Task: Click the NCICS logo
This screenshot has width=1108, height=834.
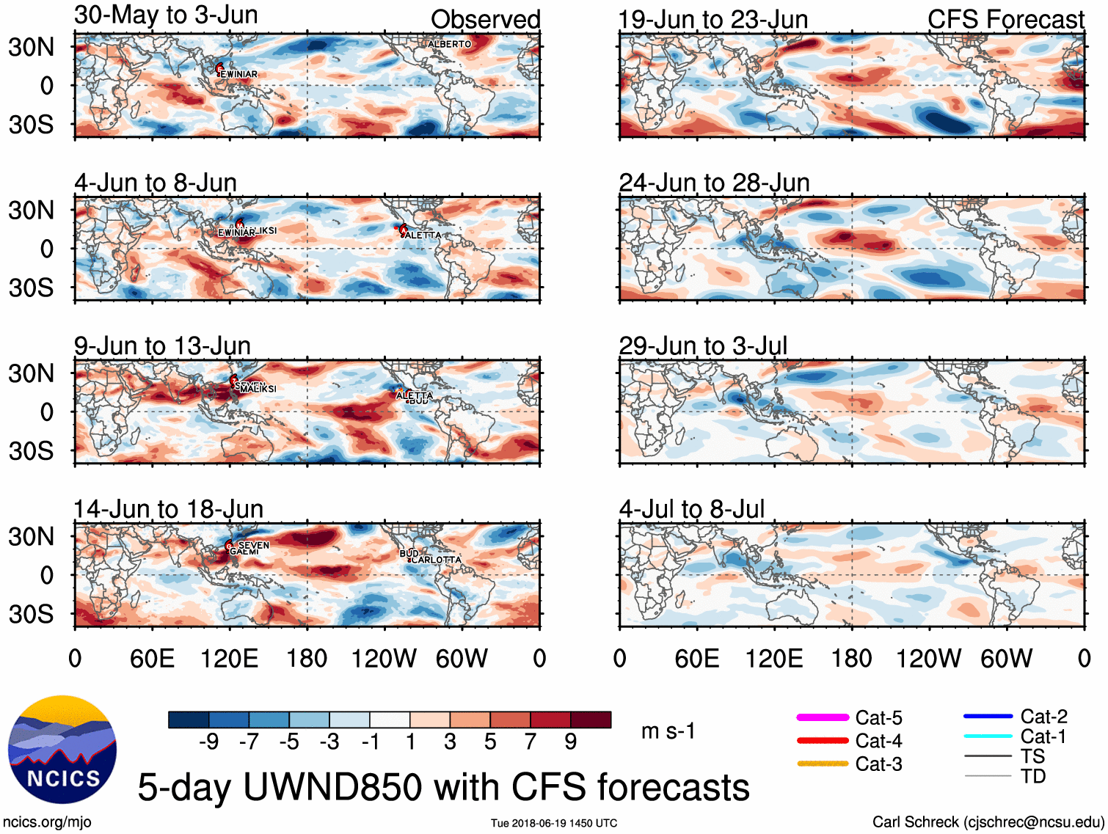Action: pyautogui.click(x=62, y=749)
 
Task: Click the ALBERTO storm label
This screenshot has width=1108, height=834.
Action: pyautogui.click(x=449, y=44)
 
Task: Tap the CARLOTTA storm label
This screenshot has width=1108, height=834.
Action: pyautogui.click(x=437, y=560)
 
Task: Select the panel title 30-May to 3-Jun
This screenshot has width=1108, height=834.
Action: pyautogui.click(x=166, y=15)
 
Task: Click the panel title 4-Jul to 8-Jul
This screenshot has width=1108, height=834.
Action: pyautogui.click(x=691, y=508)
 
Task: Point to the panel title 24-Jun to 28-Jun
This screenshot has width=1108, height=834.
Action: pyautogui.click(x=714, y=183)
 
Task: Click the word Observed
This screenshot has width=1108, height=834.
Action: pyautogui.click(x=485, y=19)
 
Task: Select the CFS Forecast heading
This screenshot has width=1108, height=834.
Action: pyautogui.click(x=1005, y=19)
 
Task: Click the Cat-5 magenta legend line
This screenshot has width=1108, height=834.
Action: pyautogui.click(x=823, y=717)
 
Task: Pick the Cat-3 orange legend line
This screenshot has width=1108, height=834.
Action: pyautogui.click(x=823, y=764)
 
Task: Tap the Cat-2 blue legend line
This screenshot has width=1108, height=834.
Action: pyautogui.click(x=988, y=716)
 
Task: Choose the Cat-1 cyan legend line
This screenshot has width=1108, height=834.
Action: pyautogui.click(x=988, y=736)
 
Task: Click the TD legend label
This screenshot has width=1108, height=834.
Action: pyautogui.click(x=1033, y=776)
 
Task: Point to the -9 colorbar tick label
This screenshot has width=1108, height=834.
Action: pyautogui.click(x=208, y=742)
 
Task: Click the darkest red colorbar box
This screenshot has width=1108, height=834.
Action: pyautogui.click(x=591, y=720)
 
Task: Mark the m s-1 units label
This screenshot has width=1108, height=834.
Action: pyautogui.click(x=668, y=731)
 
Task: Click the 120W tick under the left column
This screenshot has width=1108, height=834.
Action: pyautogui.click(x=384, y=658)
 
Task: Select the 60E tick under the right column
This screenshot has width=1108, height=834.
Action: pyautogui.click(x=696, y=658)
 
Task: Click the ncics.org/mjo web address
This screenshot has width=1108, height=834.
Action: pyautogui.click(x=47, y=822)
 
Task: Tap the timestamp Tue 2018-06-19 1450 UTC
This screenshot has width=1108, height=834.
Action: pyautogui.click(x=554, y=823)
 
